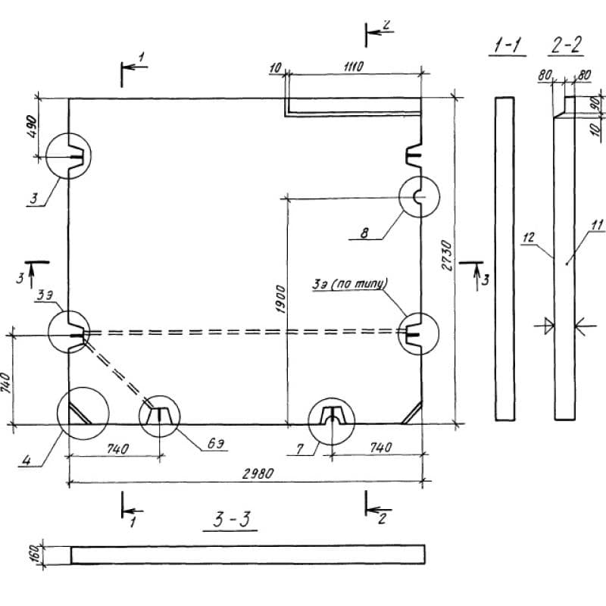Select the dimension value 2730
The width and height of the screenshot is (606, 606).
(446, 256)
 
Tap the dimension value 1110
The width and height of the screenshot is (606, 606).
(352, 67)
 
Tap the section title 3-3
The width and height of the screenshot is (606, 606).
(232, 519)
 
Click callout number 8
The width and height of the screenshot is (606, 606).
(364, 233)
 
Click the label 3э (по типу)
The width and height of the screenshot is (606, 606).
(350, 284)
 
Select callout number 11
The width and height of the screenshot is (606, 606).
(597, 224)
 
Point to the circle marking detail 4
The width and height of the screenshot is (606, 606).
(83, 413)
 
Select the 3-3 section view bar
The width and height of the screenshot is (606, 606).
(248, 554)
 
